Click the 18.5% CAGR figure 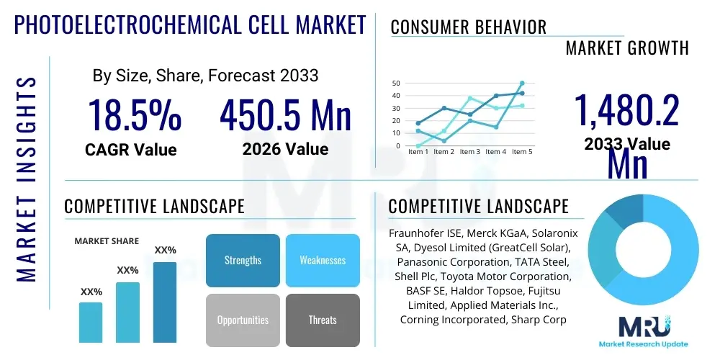(135, 115)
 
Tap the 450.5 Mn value (285, 115)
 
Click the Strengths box (243, 260)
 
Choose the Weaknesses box (323, 260)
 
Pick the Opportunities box (243, 320)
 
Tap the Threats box (323, 320)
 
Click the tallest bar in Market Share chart (165, 302)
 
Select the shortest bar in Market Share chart (91, 322)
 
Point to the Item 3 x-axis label (470, 152)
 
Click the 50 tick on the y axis (396, 84)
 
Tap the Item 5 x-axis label (522, 152)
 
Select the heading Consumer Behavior (468, 27)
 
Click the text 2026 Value (285, 149)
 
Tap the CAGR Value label (130, 150)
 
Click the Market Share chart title (107, 241)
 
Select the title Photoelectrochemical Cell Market (191, 25)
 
